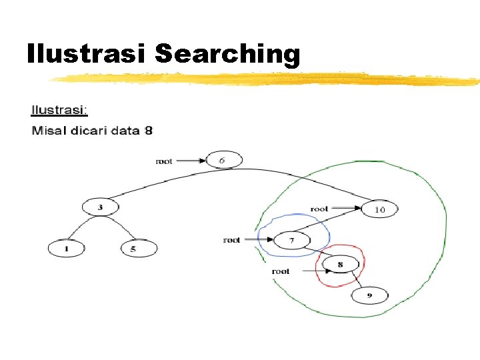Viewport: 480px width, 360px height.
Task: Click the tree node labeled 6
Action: [224, 160]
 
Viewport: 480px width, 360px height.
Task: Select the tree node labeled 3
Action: [101, 207]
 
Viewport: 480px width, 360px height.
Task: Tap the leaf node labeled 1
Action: [66, 249]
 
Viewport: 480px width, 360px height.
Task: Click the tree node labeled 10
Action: [380, 209]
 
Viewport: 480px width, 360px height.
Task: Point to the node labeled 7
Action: [292, 239]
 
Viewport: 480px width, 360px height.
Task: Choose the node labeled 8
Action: [340, 265]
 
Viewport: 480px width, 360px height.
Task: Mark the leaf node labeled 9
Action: [369, 295]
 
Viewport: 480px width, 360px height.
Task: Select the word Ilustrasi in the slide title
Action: [87, 53]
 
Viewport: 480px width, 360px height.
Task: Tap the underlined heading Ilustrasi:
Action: [59, 109]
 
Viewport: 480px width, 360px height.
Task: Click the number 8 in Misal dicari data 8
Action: [148, 130]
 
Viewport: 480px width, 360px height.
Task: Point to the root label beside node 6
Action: [164, 161]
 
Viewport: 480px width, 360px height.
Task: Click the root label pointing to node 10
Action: [319, 209]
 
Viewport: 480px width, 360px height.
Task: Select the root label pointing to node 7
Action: [232, 239]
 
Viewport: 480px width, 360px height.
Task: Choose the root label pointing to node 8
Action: [281, 271]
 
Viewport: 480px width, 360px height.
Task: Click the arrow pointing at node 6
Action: [191, 161]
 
